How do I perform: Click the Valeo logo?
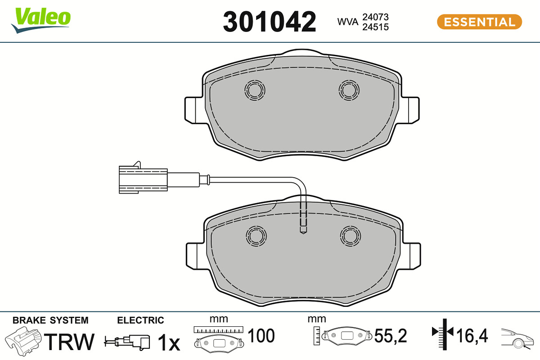click(41, 20)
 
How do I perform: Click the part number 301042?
click(269, 22)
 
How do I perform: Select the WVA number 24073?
click(375, 17)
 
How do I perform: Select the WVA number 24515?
click(375, 27)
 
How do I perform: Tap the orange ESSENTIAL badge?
click(479, 22)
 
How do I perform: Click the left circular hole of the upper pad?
click(255, 90)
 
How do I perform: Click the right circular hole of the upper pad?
click(349, 90)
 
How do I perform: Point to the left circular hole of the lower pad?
click(256, 236)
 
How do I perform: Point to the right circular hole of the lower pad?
click(351, 236)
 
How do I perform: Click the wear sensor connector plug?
click(143, 179)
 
